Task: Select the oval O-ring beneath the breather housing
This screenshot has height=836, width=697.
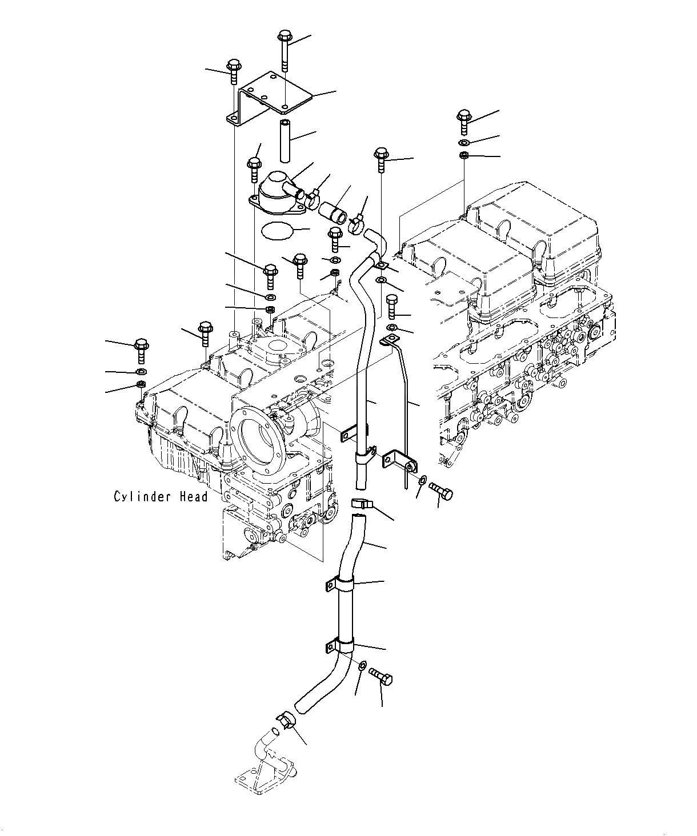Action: point(276,231)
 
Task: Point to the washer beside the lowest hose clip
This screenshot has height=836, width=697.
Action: point(362,666)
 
